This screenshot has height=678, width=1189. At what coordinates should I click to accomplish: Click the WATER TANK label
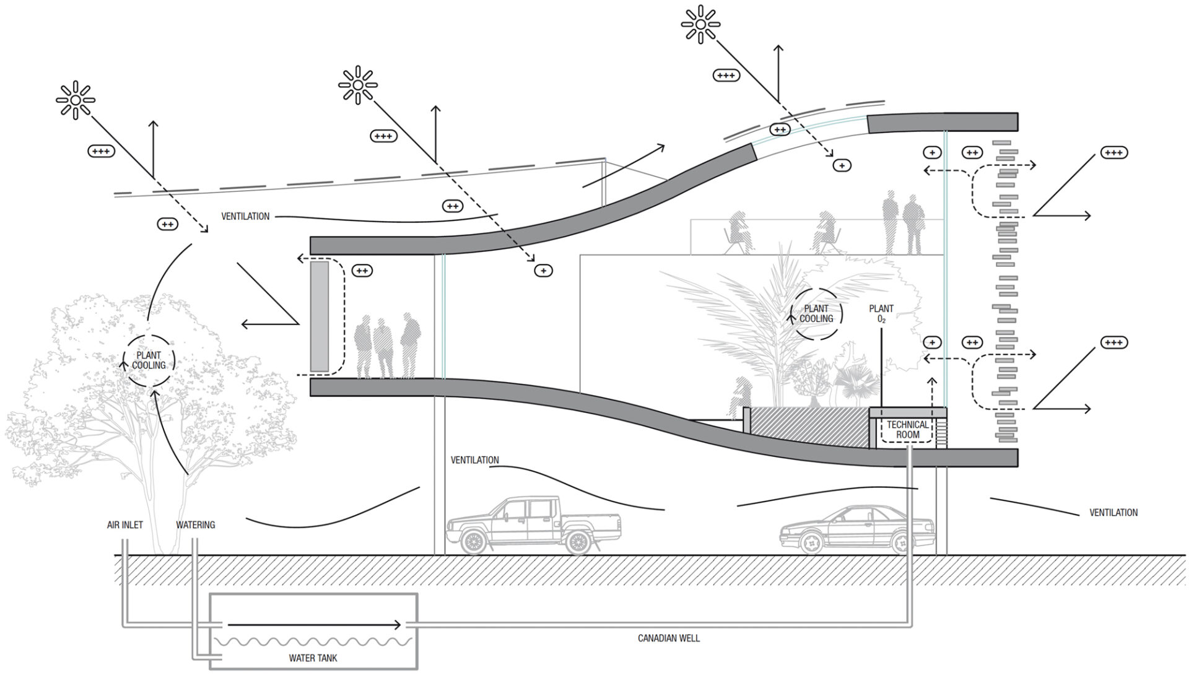pos(313,658)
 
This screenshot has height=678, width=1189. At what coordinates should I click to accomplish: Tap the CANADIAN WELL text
pos(669,638)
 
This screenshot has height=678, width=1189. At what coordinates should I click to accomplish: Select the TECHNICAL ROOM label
pos(908,430)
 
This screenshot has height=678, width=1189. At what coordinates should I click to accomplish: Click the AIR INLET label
pos(125,525)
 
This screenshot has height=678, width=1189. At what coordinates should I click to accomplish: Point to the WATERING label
pos(196,525)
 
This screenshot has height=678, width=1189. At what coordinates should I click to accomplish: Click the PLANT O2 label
pos(881,313)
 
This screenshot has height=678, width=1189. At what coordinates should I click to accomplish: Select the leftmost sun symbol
pos(76,100)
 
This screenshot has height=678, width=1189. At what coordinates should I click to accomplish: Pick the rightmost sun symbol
pos(700,24)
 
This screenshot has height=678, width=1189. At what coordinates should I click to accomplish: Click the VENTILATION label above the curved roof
pos(245,217)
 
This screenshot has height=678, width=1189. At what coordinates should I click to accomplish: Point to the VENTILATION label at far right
pos(1113,513)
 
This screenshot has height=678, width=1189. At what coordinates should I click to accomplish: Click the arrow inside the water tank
pos(313,625)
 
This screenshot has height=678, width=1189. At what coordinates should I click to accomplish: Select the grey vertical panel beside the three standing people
pos(320,316)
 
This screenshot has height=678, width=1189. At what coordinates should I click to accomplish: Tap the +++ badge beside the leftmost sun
pos(101,150)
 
